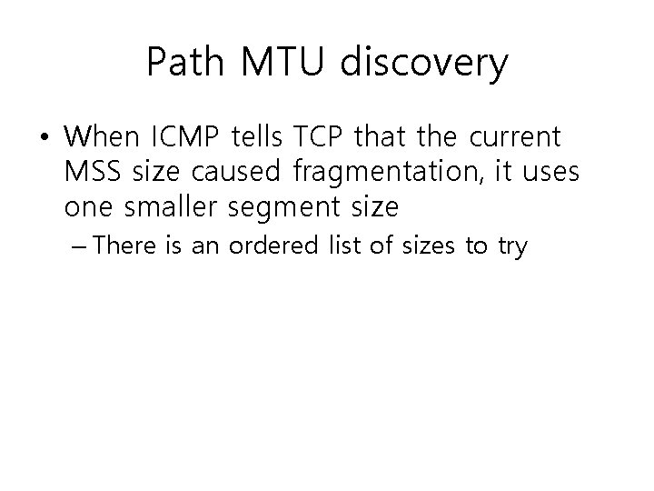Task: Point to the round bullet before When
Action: pos(44,139)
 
